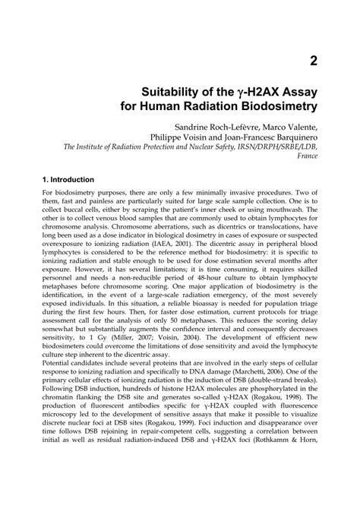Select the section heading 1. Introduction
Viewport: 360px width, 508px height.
(x=69, y=202)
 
